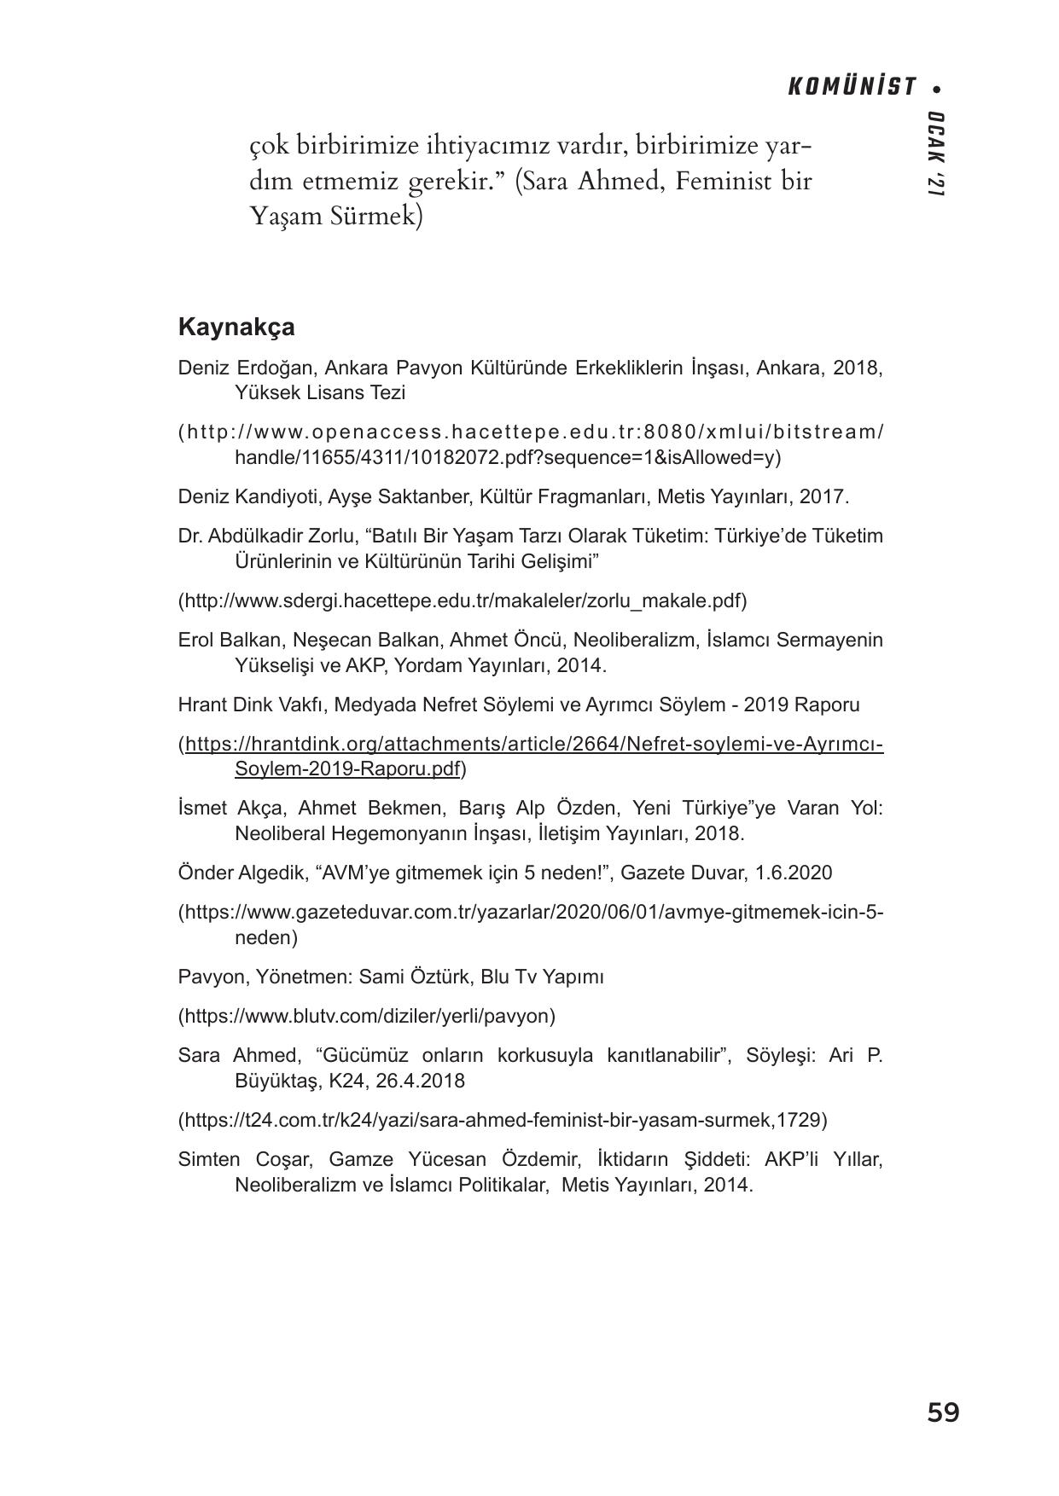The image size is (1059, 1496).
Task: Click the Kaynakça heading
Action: point(236,328)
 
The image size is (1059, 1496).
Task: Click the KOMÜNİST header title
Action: point(851,87)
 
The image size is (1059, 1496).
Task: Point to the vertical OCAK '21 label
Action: point(935,154)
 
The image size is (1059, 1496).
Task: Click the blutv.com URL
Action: point(367,1016)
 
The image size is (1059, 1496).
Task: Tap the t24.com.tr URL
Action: point(502,1119)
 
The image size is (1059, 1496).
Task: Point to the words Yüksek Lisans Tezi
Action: point(320,393)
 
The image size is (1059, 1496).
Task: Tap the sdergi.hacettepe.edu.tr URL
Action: point(462,600)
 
